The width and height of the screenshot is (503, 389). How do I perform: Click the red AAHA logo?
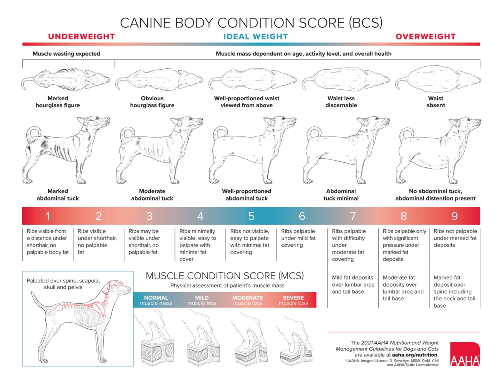click(x=465, y=354)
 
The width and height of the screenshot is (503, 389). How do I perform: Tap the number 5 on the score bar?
click(x=251, y=216)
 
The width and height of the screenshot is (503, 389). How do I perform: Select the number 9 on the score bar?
click(x=454, y=216)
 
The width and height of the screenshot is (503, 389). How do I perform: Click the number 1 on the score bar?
click(x=48, y=216)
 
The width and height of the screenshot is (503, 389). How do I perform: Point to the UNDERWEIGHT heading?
click(x=82, y=37)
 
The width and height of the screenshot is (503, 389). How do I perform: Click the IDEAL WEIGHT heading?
click(x=256, y=37)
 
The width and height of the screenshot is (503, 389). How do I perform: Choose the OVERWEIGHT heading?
click(x=426, y=37)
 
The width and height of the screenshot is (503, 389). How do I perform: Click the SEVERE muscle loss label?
click(x=293, y=300)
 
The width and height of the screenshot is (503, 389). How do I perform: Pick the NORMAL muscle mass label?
click(x=156, y=300)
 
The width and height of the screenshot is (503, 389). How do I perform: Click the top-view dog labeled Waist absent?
click(x=438, y=79)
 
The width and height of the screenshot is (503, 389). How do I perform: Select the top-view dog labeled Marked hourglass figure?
click(x=65, y=79)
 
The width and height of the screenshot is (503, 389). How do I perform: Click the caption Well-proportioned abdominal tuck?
click(x=247, y=194)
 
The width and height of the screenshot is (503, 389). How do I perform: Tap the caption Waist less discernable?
click(x=341, y=102)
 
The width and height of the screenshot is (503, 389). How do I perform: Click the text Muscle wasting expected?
click(x=66, y=54)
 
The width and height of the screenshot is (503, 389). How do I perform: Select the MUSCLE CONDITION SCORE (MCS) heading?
click(x=224, y=276)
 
